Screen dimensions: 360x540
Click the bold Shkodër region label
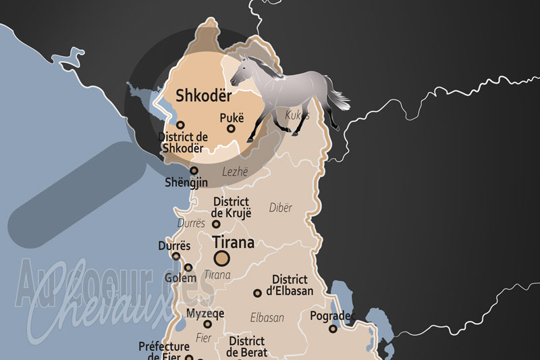coord(203,96)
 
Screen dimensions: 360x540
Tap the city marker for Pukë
coord(231,128)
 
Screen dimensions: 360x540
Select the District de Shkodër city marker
coord(180,125)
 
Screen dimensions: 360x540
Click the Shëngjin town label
coord(186,182)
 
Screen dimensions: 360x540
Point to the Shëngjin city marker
coord(194,171)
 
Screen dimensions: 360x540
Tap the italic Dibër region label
coord(281,207)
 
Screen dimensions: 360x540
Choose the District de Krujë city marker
coord(216,224)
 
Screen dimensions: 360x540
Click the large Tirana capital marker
coord(221,257)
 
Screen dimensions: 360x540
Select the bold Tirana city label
coord(233,242)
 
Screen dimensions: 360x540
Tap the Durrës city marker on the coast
coord(176,256)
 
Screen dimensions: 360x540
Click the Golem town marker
coord(188,267)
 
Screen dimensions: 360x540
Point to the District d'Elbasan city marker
coord(257,293)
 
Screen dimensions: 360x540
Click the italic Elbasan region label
coord(267,317)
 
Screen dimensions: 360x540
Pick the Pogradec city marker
coord(333,329)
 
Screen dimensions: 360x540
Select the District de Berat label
coord(246,346)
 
